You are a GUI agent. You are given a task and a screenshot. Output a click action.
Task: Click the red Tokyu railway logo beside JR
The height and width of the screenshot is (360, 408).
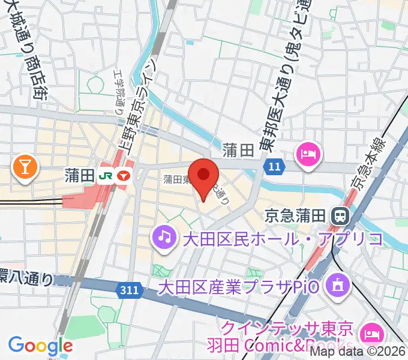pos(124,176)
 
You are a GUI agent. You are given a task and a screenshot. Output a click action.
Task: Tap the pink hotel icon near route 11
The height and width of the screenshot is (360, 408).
pos(308,156)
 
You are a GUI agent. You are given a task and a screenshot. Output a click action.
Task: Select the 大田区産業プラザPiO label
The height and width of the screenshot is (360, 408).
pos(241,287)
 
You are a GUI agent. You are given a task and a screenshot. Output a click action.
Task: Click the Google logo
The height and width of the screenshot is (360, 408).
pos(40,346)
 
